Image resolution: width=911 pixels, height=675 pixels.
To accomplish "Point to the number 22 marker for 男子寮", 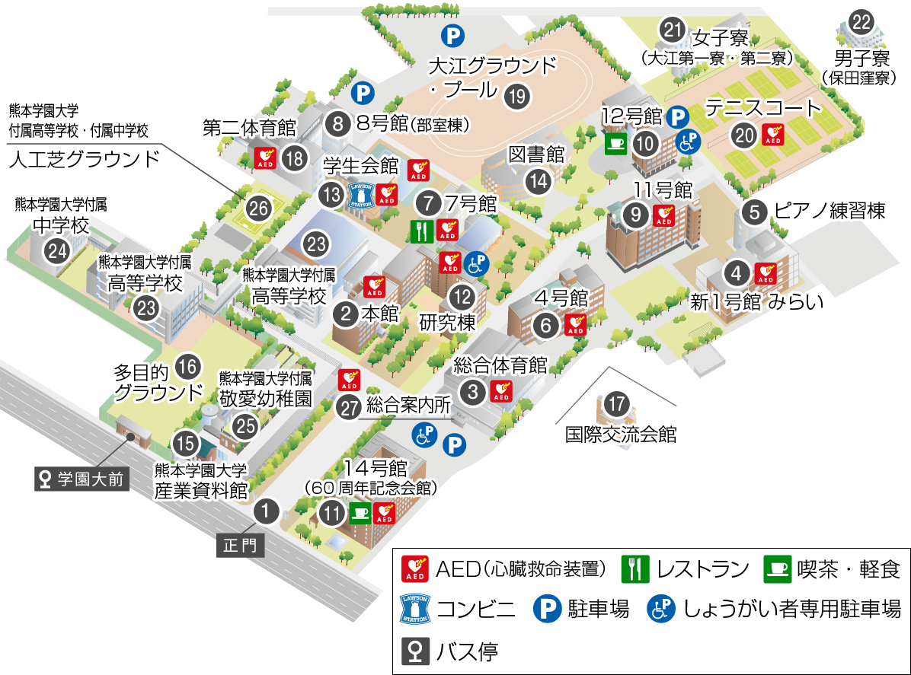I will [x=861, y=22].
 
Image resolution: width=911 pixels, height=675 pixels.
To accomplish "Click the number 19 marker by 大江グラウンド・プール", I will [x=517, y=96].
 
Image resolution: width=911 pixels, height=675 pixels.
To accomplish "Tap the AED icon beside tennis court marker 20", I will [x=773, y=135].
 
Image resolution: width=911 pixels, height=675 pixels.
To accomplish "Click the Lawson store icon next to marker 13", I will [x=362, y=195].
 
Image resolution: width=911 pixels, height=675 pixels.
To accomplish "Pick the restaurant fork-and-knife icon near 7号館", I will [x=422, y=231].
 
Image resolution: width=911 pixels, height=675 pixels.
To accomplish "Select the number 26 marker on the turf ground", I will [x=259, y=208].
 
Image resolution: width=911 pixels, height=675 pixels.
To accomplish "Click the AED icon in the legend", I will [x=415, y=568].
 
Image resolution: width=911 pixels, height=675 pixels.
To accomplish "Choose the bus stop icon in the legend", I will [x=415, y=651].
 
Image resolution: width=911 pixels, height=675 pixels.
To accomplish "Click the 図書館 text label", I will [x=536, y=154].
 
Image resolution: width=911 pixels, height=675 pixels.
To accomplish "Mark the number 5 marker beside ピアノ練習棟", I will [x=754, y=212].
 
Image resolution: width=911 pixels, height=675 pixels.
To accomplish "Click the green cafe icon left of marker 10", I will [x=615, y=142].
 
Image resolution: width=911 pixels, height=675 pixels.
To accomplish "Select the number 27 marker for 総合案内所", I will [x=350, y=407].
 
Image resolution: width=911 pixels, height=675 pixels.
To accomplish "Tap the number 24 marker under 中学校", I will [x=57, y=250].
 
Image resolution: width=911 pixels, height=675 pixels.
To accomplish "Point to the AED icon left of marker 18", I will [x=265, y=158].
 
